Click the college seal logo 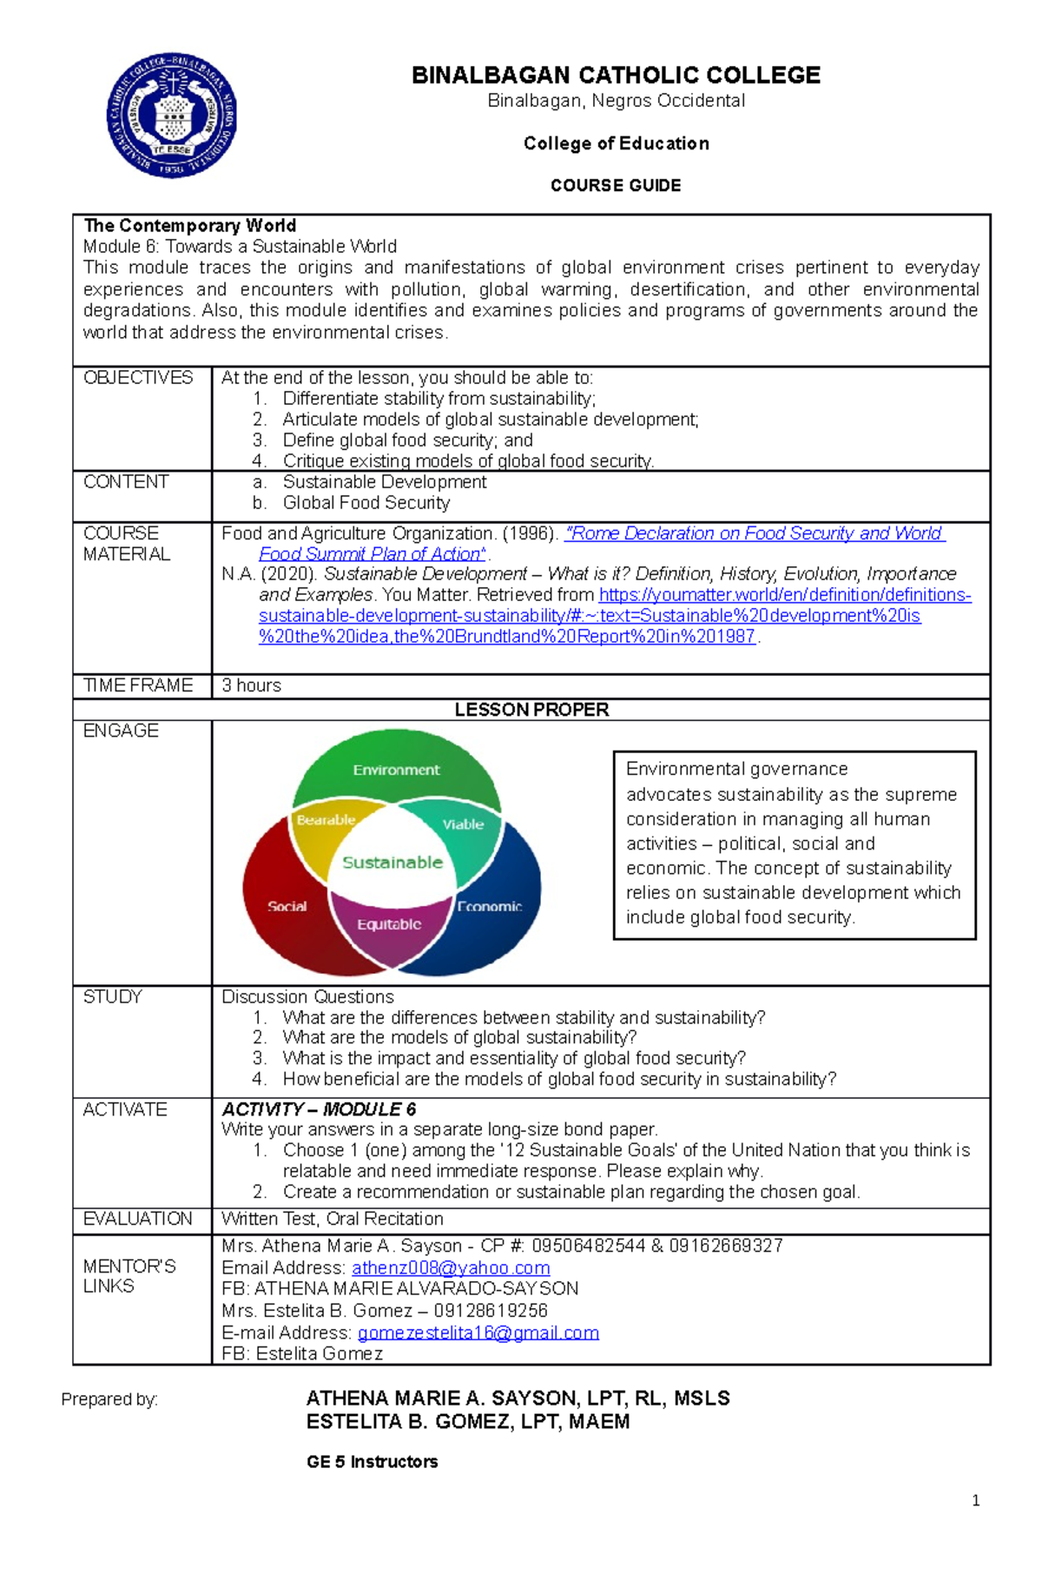[172, 115]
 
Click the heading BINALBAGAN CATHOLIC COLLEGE [616, 76]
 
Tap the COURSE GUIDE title [616, 185]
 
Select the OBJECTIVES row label [138, 378]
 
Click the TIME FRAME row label [138, 685]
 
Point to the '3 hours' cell [252, 685]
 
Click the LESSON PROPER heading [531, 710]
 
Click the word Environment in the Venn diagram [396, 770]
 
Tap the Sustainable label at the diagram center [392, 863]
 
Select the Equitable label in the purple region [389, 924]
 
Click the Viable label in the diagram [463, 824]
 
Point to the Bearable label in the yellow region [326, 820]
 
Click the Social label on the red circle [287, 906]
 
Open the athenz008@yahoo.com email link [451, 1268]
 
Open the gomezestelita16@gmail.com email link [478, 1333]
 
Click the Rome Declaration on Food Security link [754, 533]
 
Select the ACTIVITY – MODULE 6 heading [319, 1109]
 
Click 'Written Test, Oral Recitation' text [333, 1219]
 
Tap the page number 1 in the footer [976, 1500]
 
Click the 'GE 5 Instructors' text [372, 1462]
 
